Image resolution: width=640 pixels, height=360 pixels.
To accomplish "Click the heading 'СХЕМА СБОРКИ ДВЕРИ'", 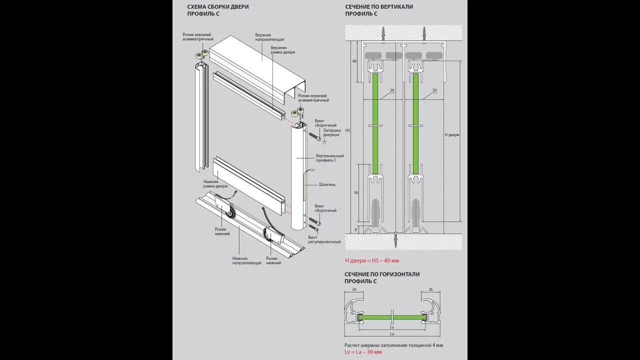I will pyautogui.click(x=217, y=7).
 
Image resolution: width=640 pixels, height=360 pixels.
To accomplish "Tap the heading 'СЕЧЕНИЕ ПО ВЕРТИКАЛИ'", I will pyautogui.click(x=378, y=7).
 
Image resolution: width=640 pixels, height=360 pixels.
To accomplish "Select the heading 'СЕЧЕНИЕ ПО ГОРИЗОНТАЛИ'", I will pyautogui.click(x=382, y=274).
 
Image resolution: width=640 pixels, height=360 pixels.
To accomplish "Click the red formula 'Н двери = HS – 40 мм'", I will pyautogui.click(x=372, y=260).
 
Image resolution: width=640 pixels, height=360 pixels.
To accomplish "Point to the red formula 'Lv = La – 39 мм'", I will pyautogui.click(x=363, y=352).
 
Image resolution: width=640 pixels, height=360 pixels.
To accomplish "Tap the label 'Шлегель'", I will pyautogui.click(x=327, y=184).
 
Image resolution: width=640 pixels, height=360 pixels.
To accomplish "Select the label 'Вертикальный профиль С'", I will pyautogui.click(x=330, y=158).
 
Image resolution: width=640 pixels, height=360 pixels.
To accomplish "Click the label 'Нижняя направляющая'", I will pyautogui.click(x=246, y=260).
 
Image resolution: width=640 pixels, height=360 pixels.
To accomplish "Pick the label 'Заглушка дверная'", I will pyautogui.click(x=331, y=132).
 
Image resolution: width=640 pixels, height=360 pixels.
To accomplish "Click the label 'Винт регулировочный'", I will pyautogui.click(x=324, y=239).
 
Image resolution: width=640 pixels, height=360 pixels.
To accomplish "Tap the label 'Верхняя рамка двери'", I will pyautogui.click(x=282, y=49).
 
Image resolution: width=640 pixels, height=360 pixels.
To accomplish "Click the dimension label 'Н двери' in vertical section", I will pyautogui.click(x=451, y=135).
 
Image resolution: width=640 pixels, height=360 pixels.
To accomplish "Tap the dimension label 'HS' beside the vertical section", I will pyautogui.click(x=348, y=130).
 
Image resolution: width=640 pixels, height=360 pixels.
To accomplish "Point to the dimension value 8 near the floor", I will pyautogui.click(x=356, y=229).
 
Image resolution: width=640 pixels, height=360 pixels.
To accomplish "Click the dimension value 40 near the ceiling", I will pyautogui.click(x=354, y=61).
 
